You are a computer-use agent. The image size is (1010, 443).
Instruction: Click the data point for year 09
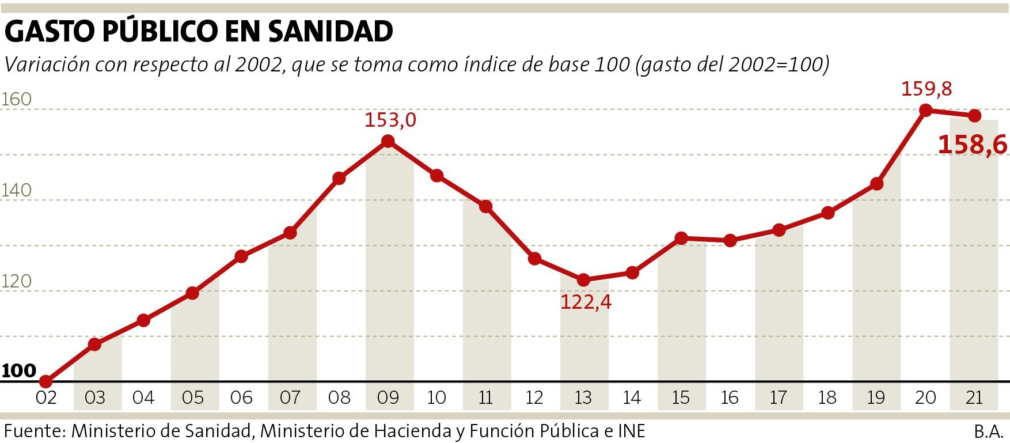(x=388, y=141)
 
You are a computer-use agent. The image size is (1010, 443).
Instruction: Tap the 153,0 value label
(x=390, y=120)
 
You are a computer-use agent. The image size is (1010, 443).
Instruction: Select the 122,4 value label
(x=586, y=302)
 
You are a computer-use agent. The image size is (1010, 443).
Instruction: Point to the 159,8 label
(x=926, y=89)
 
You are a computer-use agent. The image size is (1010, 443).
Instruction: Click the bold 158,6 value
(x=972, y=145)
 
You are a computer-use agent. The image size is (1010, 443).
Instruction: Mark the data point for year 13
(x=583, y=280)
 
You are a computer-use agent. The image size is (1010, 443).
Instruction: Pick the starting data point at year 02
(x=46, y=381)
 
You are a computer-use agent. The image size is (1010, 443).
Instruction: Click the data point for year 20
(x=925, y=110)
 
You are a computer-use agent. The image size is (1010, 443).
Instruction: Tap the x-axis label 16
(x=730, y=397)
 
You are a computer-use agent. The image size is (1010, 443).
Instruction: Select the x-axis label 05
(x=192, y=397)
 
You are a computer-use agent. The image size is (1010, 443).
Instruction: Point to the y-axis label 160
(x=16, y=100)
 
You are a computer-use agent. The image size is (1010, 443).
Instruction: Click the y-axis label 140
(x=16, y=191)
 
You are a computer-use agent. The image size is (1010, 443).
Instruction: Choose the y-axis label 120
(x=16, y=282)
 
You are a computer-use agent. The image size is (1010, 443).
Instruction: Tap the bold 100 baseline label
(x=18, y=370)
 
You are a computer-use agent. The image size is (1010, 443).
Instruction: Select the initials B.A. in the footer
(x=989, y=431)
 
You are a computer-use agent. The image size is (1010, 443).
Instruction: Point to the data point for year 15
(x=681, y=238)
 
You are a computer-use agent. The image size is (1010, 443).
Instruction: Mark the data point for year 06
(x=241, y=256)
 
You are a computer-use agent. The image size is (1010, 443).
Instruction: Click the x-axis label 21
(x=974, y=397)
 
